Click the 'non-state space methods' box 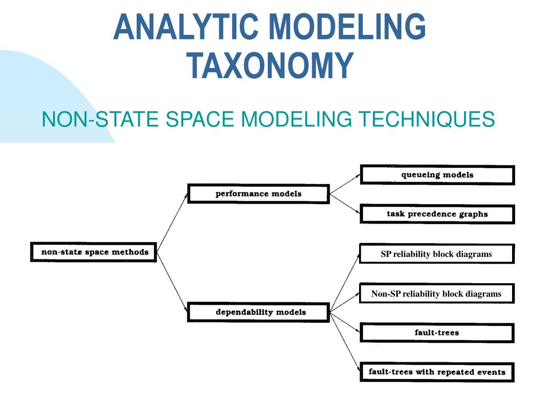coord(93,252)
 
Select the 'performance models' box coord(258,194)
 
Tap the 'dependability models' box coord(258,312)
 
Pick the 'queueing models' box coord(437,175)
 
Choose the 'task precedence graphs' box coord(437,214)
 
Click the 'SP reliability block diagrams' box coord(437,254)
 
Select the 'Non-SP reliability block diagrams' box coord(437,293)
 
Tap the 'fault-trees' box coord(437,333)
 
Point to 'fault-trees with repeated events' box coord(437,372)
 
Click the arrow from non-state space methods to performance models coord(172,223)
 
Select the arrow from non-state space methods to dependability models coord(172,282)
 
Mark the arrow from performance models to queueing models coord(345,184)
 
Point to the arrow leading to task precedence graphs coord(345,204)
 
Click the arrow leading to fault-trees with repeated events coord(345,342)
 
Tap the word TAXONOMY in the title coord(270,65)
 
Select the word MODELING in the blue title coord(347,26)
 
